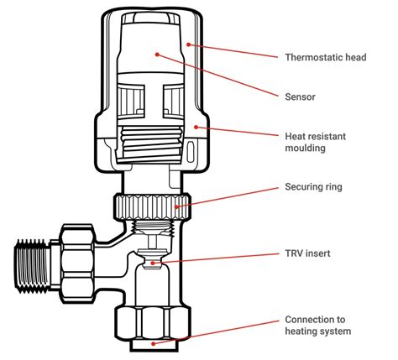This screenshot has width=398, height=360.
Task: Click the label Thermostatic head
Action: pos(324,58)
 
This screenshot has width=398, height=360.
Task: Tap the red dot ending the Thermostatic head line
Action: pos(190,44)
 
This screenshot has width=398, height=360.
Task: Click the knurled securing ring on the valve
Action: pos(149,205)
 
